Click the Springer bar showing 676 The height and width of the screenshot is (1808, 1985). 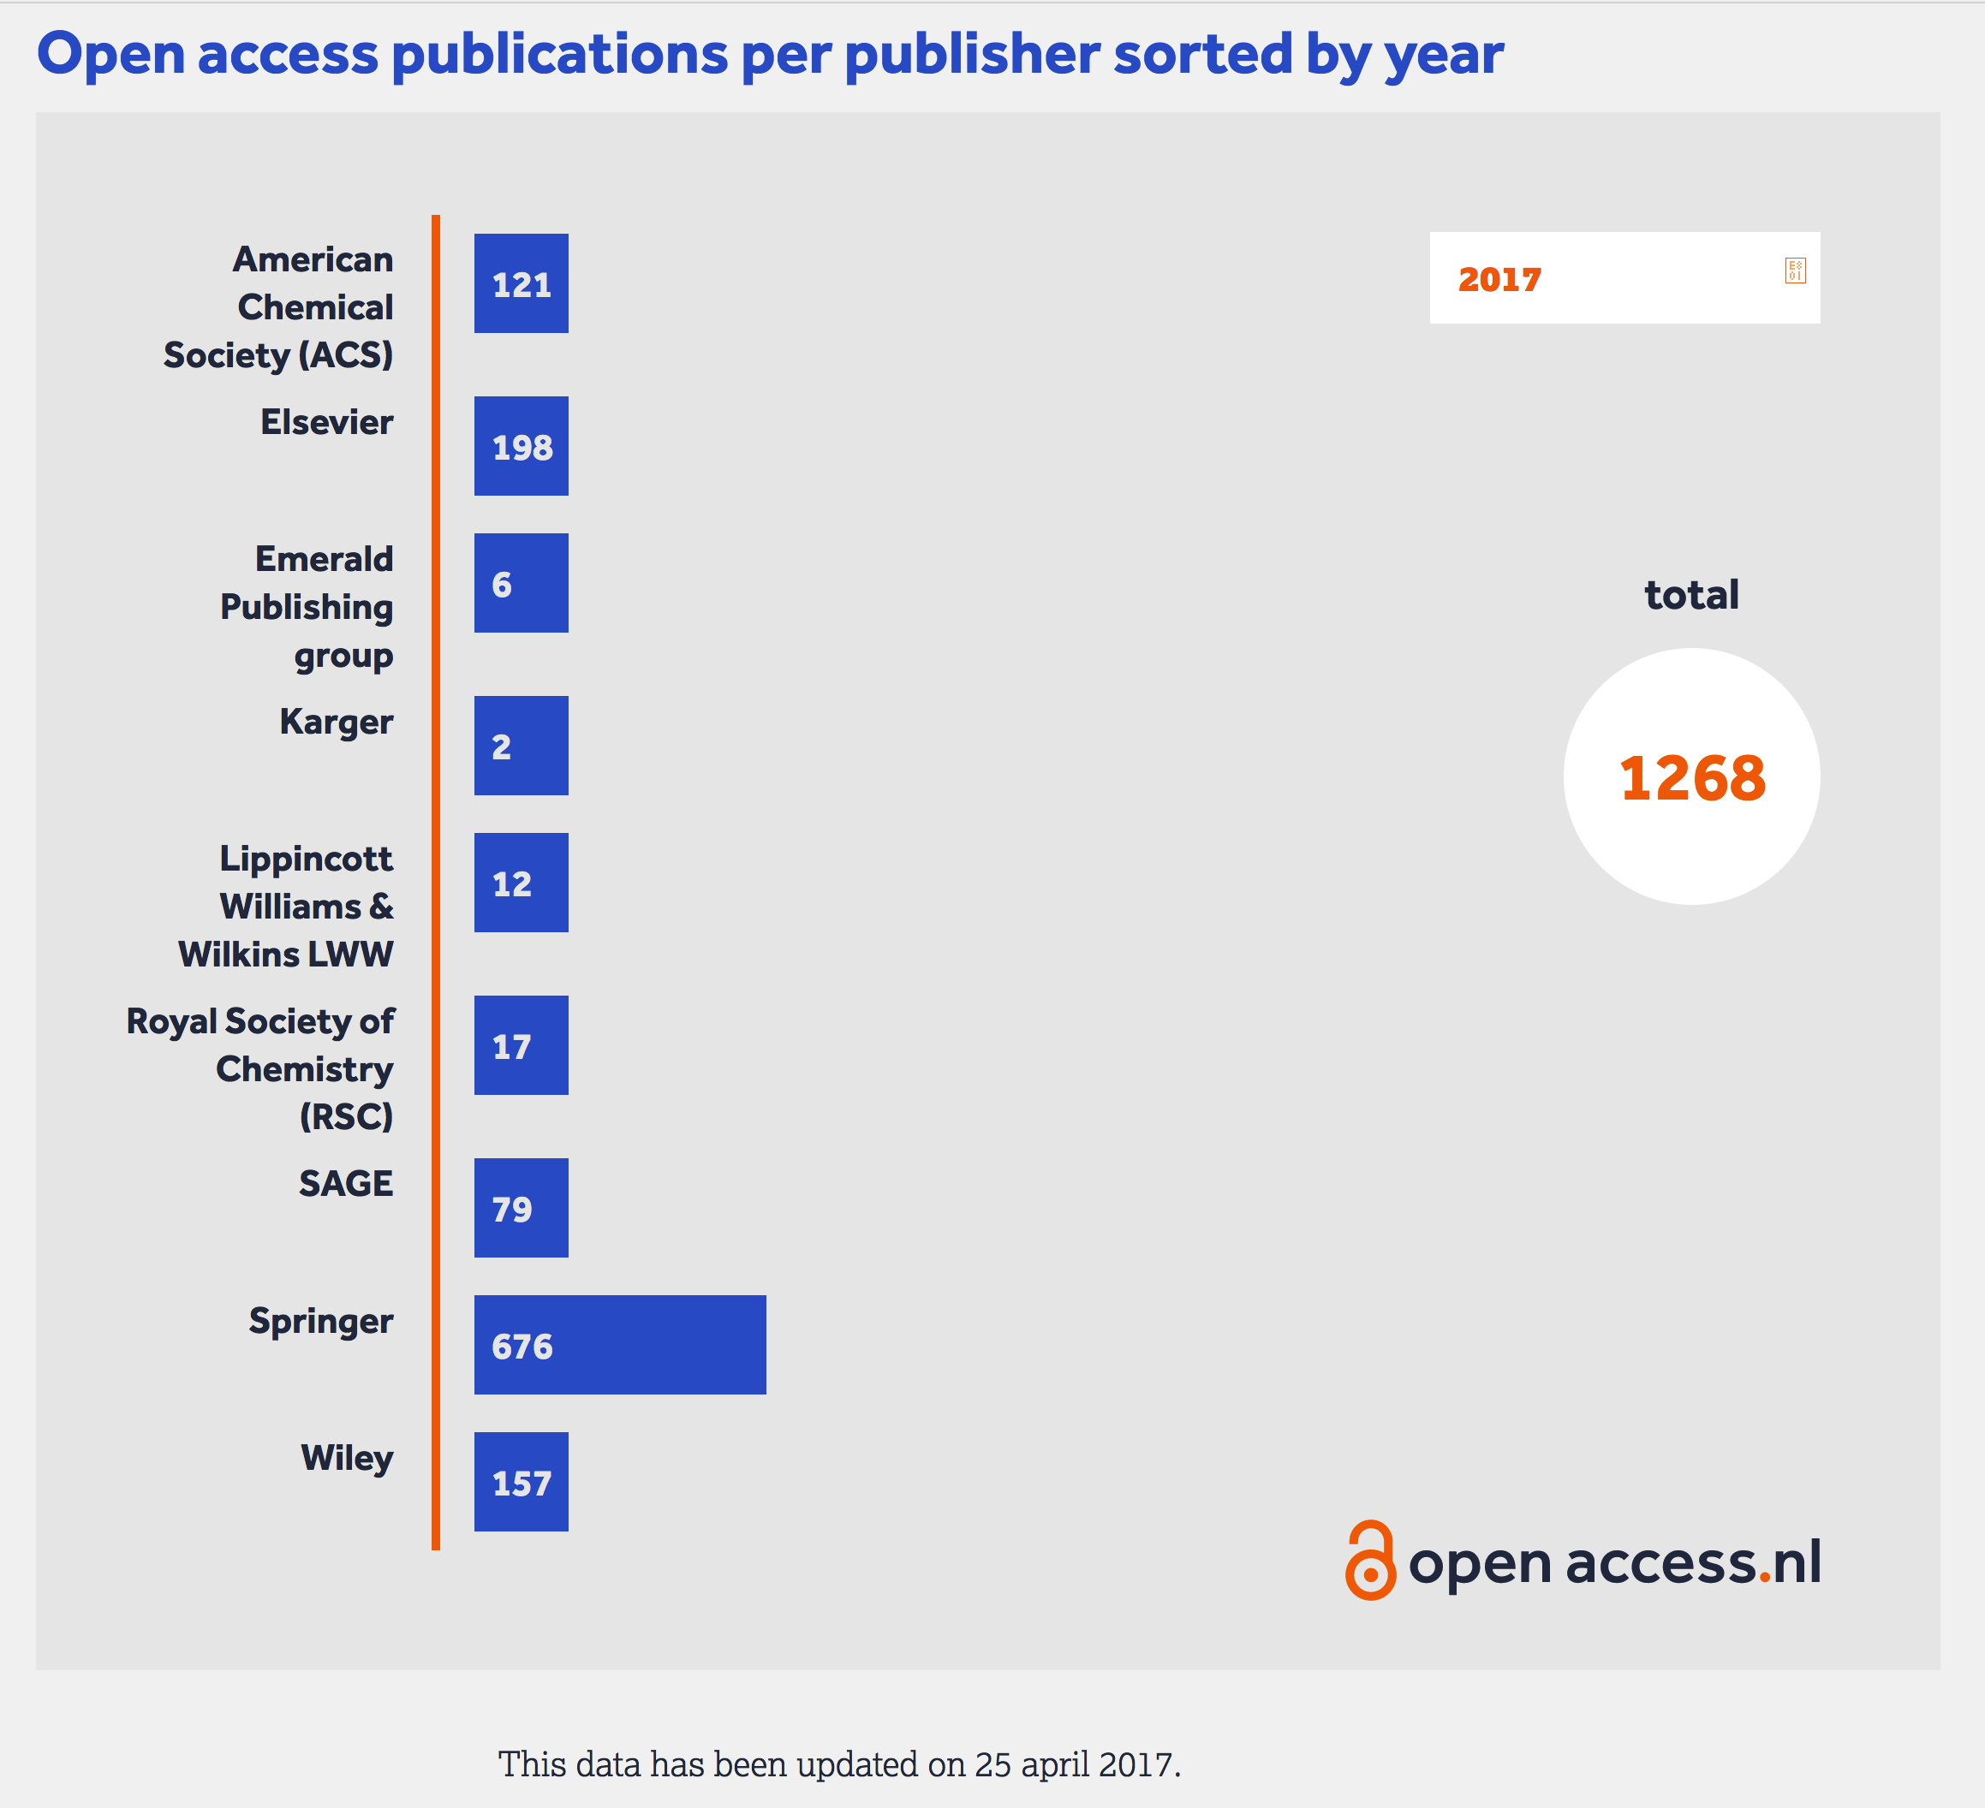(x=619, y=1344)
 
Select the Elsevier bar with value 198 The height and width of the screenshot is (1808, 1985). (x=521, y=446)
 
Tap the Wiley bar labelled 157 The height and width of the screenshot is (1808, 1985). (x=521, y=1481)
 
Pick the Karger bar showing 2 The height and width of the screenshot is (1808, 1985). (x=521, y=745)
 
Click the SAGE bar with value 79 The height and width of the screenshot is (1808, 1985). (x=521, y=1208)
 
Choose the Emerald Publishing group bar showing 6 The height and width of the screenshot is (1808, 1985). (x=521, y=583)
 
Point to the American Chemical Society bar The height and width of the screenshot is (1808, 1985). (x=521, y=283)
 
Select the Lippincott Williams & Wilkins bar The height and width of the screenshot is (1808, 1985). (x=521, y=882)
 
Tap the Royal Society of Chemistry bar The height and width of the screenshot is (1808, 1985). (x=521, y=1045)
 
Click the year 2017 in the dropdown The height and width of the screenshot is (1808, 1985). (x=1499, y=280)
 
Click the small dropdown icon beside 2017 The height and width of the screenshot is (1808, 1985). (x=1794, y=271)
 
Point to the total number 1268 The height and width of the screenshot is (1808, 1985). (x=1691, y=777)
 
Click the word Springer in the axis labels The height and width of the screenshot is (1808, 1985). (x=320, y=1321)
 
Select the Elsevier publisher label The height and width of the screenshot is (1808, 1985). (x=326, y=422)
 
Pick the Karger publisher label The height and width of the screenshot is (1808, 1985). (x=336, y=722)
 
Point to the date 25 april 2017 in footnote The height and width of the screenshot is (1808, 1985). (x=1076, y=1764)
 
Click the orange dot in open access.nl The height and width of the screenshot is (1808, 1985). (x=1764, y=1578)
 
